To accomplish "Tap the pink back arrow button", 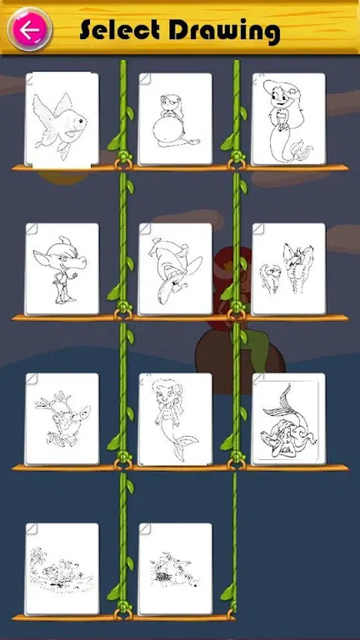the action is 30,30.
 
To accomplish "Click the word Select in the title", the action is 119,30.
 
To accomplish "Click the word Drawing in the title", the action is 224,32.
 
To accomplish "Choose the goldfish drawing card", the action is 61,119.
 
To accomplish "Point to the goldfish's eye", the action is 81,120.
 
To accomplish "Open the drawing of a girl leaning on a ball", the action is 175,119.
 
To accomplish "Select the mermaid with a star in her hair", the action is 289,119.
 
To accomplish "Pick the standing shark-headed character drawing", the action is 61,269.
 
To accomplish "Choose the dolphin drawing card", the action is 175,269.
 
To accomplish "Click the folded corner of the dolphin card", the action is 145,229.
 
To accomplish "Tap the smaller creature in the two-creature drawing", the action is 271,278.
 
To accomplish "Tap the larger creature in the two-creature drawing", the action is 298,267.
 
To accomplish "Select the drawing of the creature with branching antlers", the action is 61,419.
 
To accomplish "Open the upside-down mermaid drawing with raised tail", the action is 289,419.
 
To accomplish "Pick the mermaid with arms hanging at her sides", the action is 175,419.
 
